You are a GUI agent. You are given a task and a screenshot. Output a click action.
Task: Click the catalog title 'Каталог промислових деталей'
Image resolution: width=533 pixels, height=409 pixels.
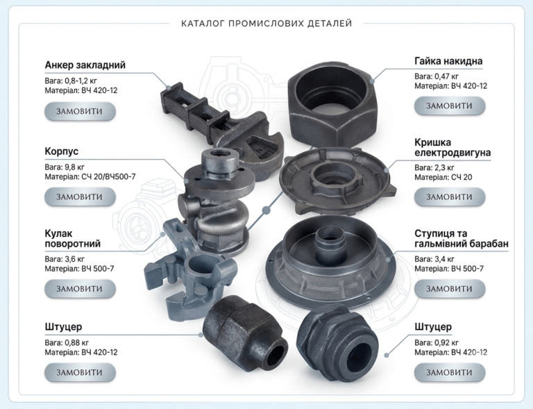(x=266, y=24)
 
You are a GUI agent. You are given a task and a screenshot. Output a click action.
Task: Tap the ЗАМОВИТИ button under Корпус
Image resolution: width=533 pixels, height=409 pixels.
(x=80, y=197)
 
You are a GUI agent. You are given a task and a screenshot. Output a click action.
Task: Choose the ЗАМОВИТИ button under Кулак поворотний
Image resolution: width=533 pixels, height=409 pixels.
(x=80, y=289)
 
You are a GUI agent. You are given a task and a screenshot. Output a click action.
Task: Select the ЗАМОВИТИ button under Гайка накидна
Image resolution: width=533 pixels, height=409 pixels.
(x=450, y=106)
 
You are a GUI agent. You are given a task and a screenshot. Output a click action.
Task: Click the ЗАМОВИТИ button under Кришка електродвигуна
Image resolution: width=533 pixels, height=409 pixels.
(x=450, y=197)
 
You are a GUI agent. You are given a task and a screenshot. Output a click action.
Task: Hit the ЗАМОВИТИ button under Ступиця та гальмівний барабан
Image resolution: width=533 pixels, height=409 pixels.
(x=450, y=289)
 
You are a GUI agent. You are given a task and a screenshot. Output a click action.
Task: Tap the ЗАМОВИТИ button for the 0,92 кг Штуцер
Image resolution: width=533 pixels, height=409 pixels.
(x=450, y=372)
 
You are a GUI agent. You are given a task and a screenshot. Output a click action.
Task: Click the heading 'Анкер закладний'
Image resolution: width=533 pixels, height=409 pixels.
(x=85, y=65)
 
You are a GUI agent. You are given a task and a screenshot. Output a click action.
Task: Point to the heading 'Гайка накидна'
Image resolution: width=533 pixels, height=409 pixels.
(x=448, y=61)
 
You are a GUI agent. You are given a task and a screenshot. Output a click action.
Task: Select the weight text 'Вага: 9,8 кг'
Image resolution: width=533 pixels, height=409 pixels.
(x=65, y=167)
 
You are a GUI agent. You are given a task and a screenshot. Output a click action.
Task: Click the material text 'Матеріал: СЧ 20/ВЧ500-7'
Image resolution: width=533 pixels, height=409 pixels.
(x=90, y=177)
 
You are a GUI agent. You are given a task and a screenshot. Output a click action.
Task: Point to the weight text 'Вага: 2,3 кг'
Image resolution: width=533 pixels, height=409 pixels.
(x=434, y=167)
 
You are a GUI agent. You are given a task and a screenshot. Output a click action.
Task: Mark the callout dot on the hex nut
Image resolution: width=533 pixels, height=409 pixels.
(x=372, y=81)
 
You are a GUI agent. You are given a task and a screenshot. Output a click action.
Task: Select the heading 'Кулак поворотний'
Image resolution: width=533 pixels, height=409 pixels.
(x=72, y=239)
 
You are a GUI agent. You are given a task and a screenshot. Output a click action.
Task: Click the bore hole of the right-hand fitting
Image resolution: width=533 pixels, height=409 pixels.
(x=359, y=358)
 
